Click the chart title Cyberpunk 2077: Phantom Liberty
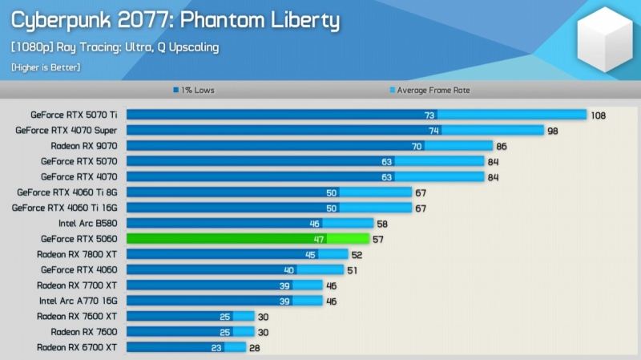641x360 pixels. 175,20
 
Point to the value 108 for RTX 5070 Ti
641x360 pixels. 599,115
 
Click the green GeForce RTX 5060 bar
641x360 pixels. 247,239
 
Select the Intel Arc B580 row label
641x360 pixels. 87,224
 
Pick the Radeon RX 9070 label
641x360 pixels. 83,146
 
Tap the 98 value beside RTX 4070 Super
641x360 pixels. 552,131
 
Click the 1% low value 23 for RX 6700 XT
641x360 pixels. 216,347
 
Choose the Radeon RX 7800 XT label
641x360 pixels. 77,254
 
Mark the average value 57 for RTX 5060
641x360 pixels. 377,239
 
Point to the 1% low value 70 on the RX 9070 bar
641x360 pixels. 417,146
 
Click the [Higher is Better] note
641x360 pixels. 45,67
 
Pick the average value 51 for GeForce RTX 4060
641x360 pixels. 353,270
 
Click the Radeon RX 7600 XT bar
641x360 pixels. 190,317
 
